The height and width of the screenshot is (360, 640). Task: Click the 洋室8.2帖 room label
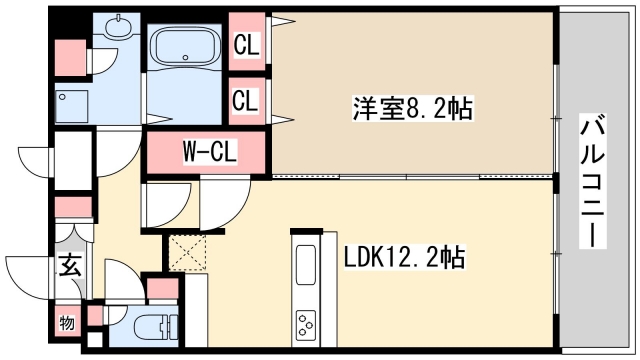(396, 107)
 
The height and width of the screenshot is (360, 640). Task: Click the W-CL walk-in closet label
(208, 152)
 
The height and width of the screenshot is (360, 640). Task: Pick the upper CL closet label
(245, 44)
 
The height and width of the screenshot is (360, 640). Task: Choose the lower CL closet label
(245, 100)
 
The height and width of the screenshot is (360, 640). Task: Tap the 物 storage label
(66, 322)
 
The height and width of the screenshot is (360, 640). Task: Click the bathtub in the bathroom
(186, 50)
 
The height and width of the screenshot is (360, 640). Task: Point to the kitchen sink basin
(305, 265)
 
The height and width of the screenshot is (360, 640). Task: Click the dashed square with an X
(186, 251)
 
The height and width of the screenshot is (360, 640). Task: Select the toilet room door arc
(125, 280)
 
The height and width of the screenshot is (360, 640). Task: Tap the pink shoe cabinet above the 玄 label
(72, 209)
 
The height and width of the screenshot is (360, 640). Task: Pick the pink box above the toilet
(160, 289)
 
